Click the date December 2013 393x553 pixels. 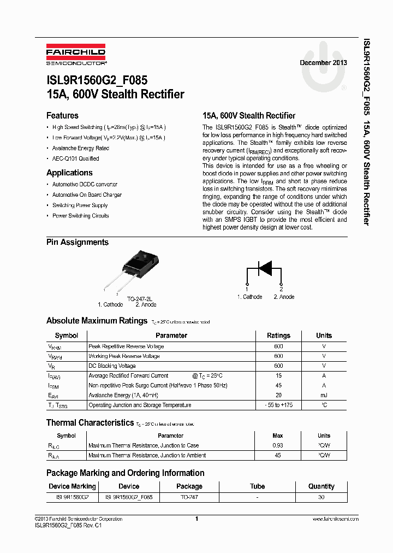323,63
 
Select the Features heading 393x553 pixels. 62,116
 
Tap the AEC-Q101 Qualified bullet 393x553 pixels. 75,158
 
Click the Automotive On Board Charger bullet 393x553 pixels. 87,195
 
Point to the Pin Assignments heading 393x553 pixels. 78,242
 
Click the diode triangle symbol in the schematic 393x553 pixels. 265,268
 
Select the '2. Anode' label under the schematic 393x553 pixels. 284,297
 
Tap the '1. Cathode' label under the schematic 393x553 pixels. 249,297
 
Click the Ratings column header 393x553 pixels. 278,336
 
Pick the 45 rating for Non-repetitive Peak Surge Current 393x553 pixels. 278,385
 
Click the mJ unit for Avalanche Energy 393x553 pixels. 324,395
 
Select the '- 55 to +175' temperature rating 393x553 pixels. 278,405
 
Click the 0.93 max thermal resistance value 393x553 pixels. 278,445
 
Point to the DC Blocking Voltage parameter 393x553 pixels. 112,366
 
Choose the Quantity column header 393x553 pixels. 321,486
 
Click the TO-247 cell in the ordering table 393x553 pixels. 189,497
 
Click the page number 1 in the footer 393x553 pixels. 196,519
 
